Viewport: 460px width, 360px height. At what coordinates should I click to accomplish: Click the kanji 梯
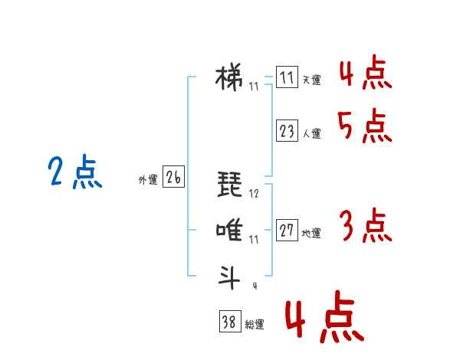click(x=229, y=78)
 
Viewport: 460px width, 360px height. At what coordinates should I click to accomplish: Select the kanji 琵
click(x=230, y=184)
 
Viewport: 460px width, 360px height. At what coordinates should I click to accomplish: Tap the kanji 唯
click(x=229, y=230)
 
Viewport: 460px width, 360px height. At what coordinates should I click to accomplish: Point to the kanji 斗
click(x=229, y=277)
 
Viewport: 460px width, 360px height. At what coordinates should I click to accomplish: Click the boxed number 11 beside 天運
click(x=287, y=77)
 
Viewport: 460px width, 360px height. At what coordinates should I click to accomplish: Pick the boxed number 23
click(x=287, y=130)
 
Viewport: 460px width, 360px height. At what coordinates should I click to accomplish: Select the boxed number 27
click(x=287, y=230)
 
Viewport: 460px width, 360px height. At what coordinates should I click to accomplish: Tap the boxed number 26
click(x=173, y=176)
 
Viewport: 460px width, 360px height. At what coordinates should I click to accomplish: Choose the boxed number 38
click(x=230, y=321)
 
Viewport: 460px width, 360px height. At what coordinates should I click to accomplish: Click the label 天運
click(x=311, y=80)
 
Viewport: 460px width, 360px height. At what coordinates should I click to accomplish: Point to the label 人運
click(x=311, y=134)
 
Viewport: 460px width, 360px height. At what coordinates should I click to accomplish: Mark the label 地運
click(x=311, y=234)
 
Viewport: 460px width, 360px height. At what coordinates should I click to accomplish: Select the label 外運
click(x=148, y=180)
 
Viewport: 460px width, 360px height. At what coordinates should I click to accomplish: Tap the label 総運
click(x=255, y=325)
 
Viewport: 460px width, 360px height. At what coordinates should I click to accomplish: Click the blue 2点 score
click(x=75, y=172)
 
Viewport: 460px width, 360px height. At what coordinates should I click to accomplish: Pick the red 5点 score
click(x=365, y=126)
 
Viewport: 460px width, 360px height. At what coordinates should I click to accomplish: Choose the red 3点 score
click(x=366, y=225)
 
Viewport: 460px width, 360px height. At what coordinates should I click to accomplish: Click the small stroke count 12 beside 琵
click(x=254, y=194)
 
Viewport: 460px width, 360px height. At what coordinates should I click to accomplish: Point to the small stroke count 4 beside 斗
click(x=255, y=286)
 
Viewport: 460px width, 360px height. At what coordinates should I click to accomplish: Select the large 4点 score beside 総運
click(x=325, y=316)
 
